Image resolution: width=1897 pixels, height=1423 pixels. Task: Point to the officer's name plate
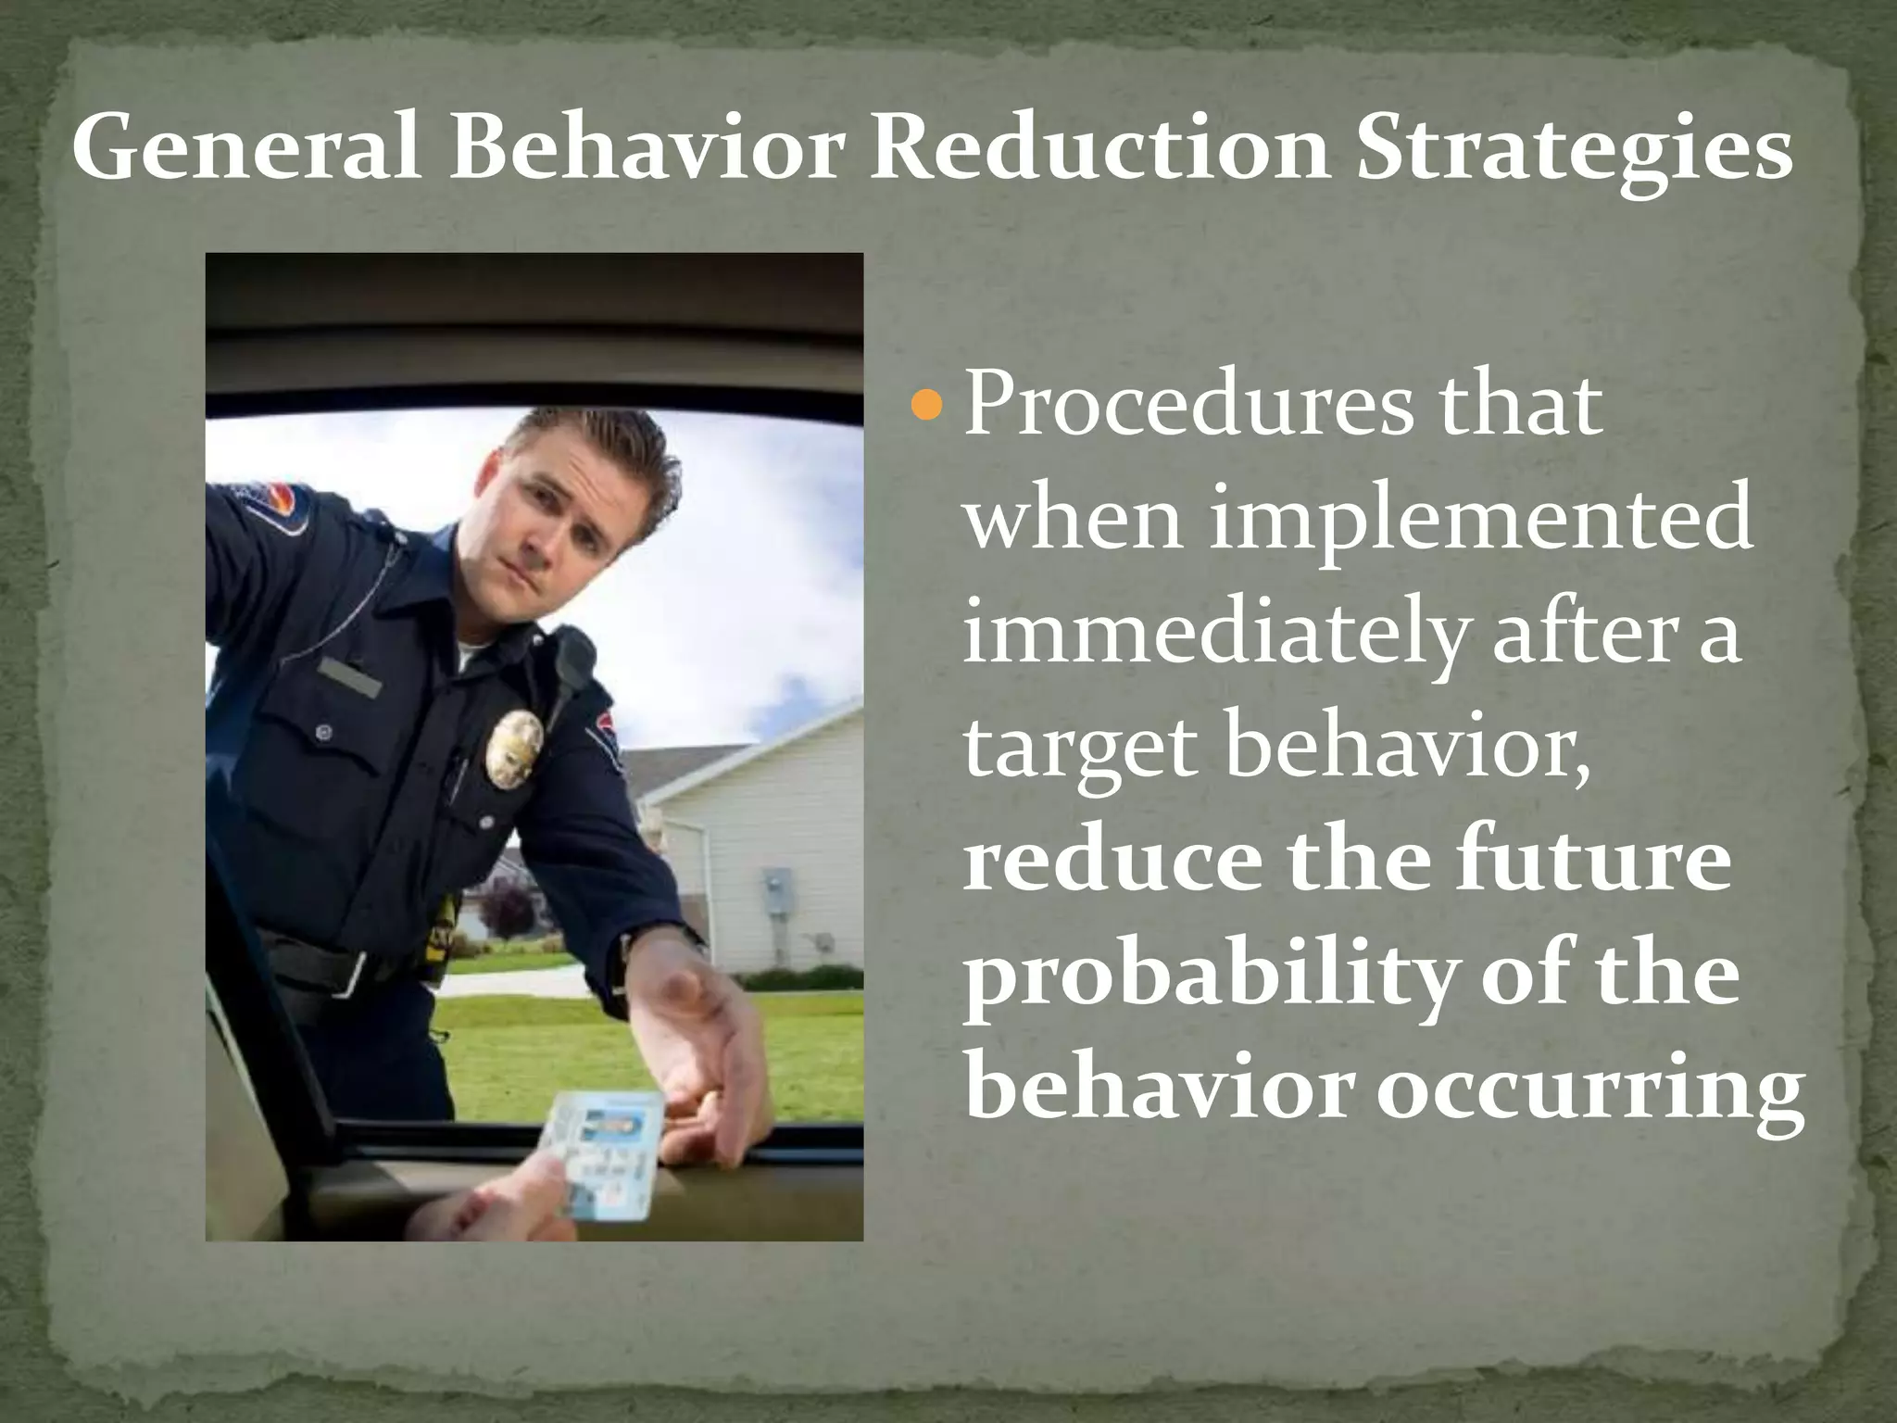pos(349,676)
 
